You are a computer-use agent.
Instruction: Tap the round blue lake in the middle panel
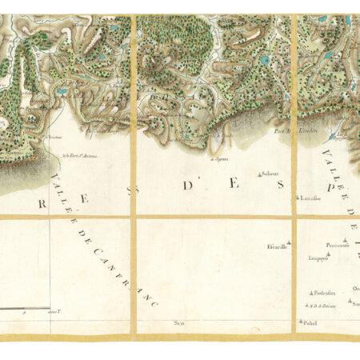point(263,59)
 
